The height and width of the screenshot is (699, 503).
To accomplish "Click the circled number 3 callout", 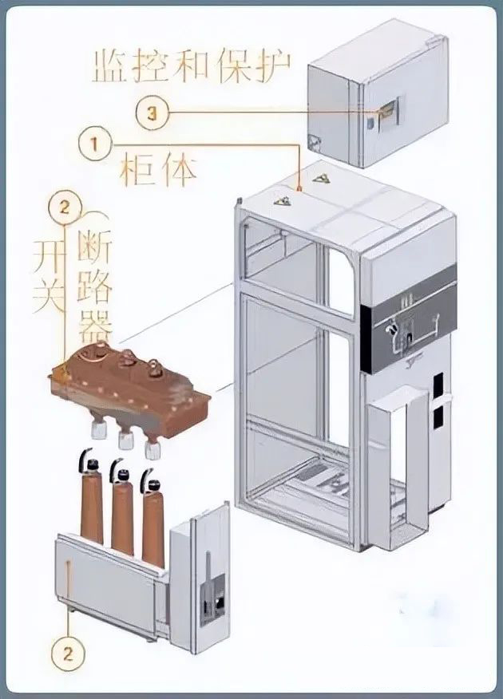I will (x=152, y=113).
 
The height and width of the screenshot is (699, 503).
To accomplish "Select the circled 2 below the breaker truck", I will (x=68, y=654).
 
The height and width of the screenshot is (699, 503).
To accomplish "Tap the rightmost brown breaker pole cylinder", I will (x=152, y=518).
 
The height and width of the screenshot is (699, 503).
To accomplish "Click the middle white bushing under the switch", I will (x=124, y=440).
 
